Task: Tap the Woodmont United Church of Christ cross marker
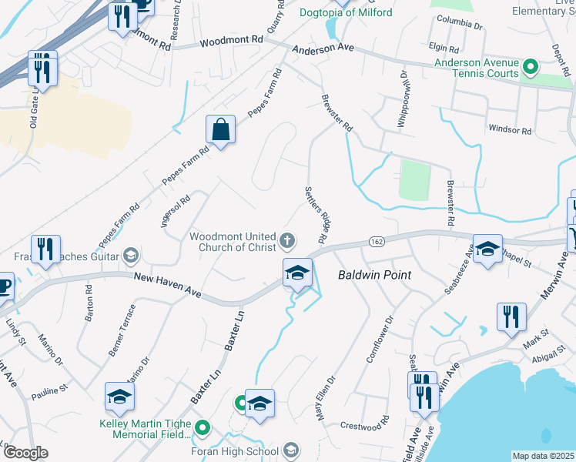point(287,242)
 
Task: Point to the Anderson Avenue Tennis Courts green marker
point(530,68)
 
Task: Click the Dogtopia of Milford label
point(346,12)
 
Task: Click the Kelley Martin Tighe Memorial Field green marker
point(203,427)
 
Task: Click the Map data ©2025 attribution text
point(543,456)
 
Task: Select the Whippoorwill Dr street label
point(401,99)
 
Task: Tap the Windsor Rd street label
point(510,130)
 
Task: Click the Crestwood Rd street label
point(365,424)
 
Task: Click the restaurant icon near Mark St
point(511,316)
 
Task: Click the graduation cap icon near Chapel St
point(487,249)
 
